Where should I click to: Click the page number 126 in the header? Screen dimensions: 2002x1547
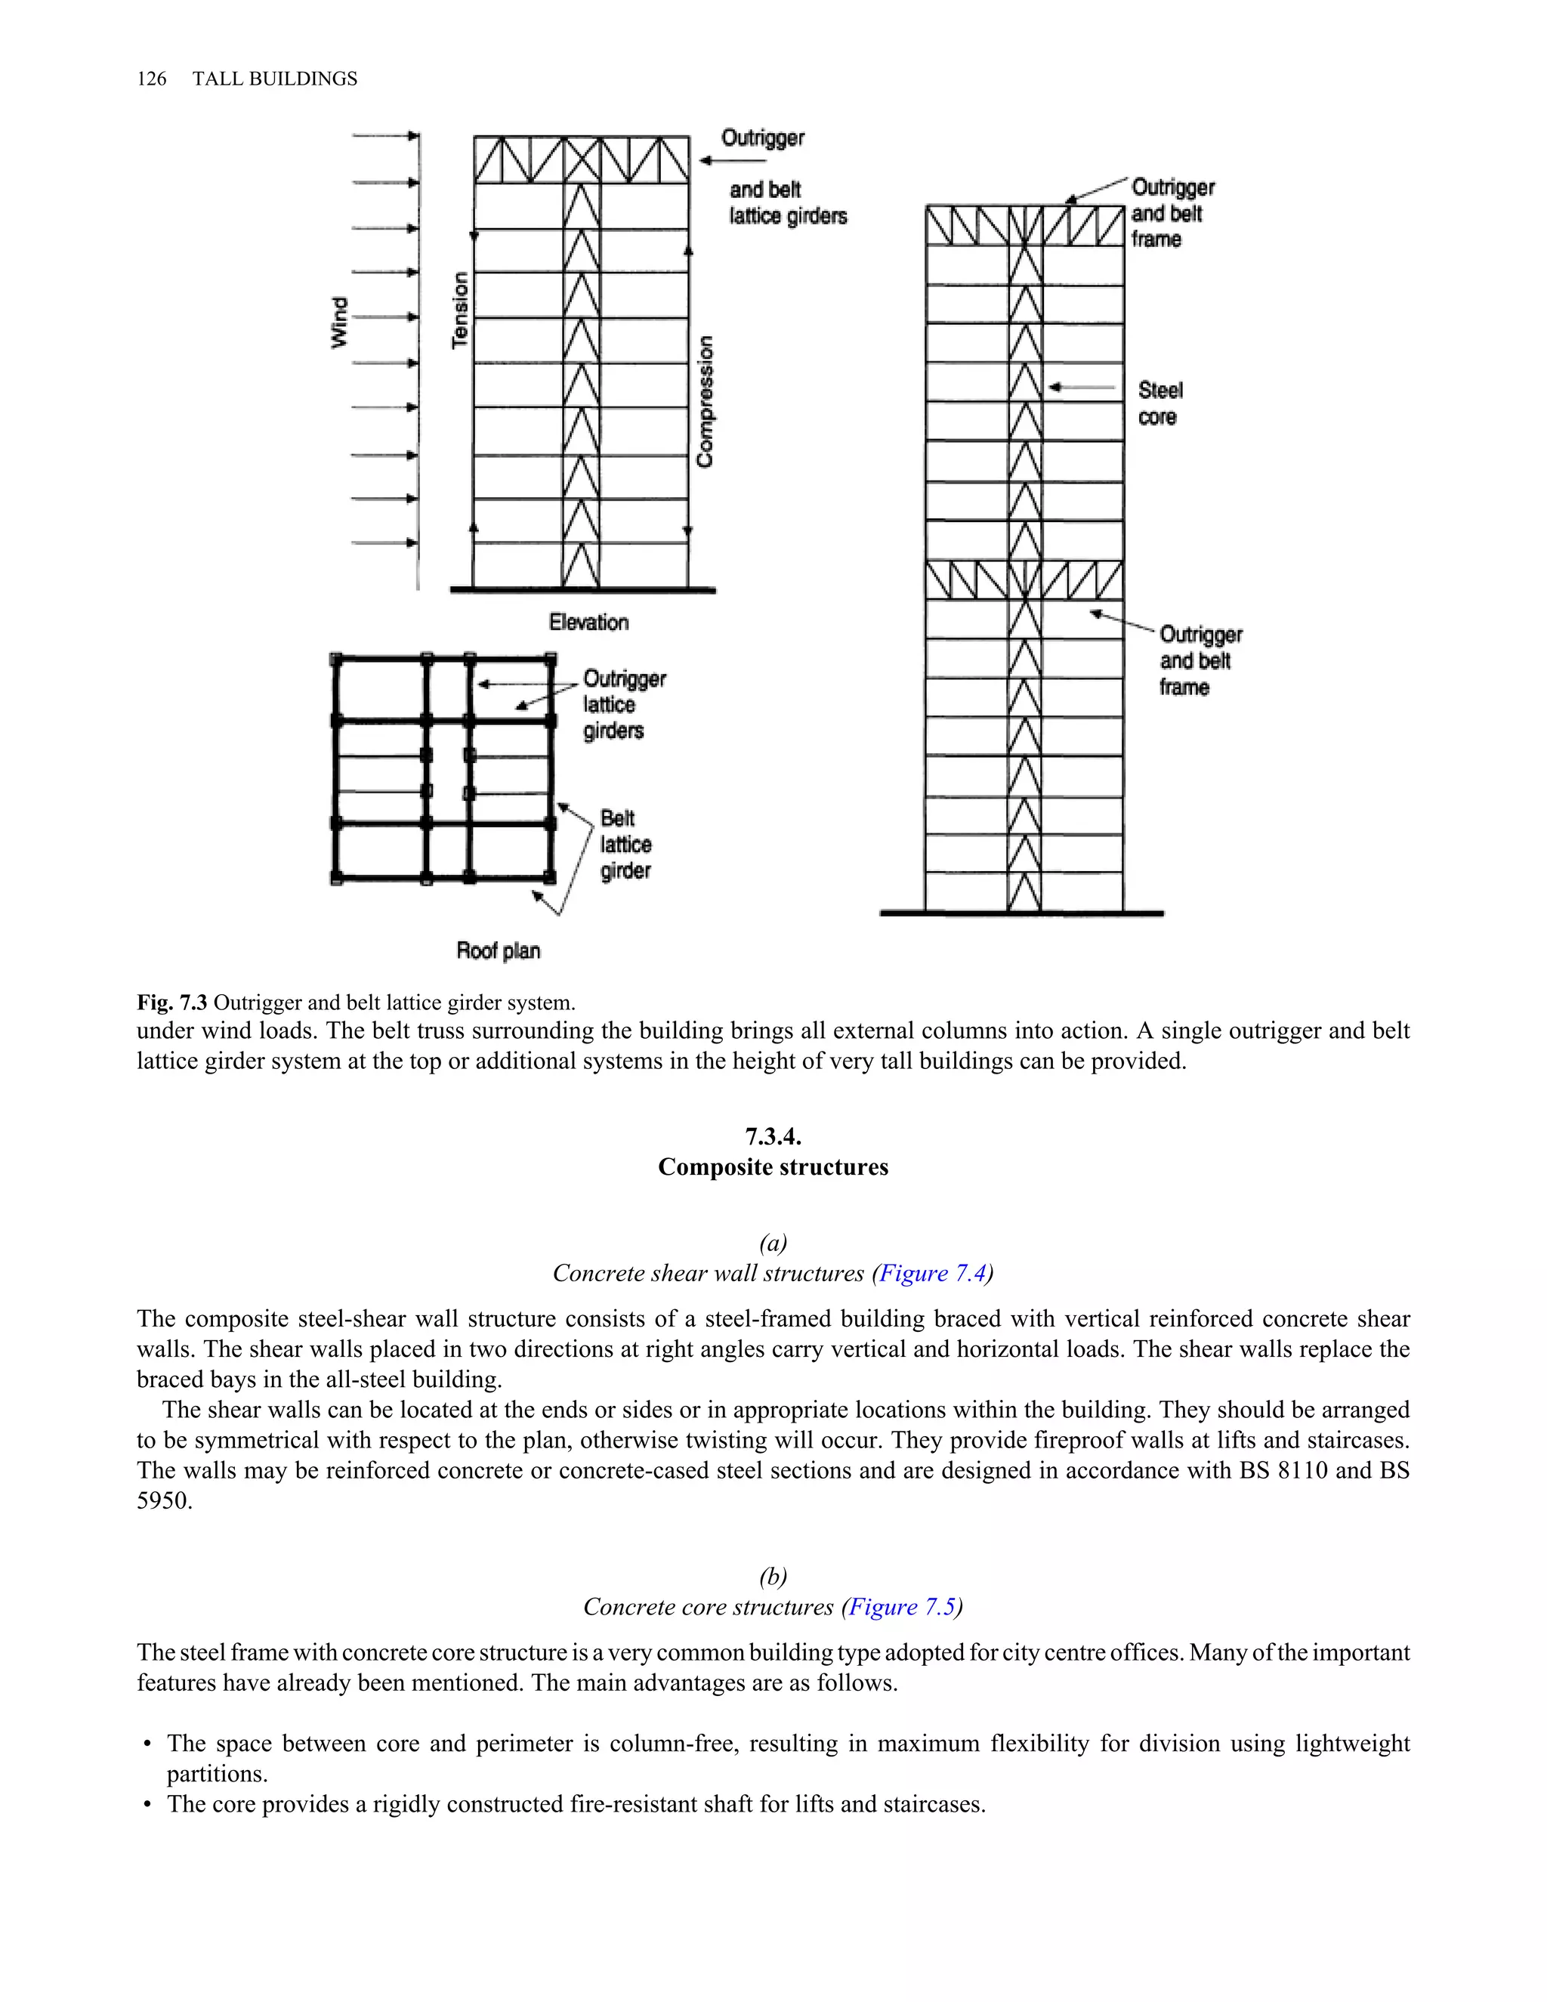151,79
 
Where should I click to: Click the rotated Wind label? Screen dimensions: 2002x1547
339,322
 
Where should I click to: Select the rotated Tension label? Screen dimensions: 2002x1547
460,310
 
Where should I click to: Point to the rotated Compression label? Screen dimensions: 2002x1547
705,401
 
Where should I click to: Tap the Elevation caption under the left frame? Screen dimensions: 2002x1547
588,623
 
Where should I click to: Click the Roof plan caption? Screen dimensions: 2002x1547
498,950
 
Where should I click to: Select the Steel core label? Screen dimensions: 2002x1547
1160,403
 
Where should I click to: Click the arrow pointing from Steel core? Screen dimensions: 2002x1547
1082,388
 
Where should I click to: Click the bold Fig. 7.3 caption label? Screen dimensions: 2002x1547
172,1002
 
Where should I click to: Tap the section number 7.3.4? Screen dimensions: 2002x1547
773,1137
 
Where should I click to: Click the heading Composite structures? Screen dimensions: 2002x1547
773,1167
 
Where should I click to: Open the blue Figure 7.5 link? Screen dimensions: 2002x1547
902,1607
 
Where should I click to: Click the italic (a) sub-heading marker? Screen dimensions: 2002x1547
773,1243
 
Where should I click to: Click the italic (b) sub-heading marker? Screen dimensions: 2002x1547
773,1577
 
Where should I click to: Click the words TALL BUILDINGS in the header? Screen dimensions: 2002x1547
275,79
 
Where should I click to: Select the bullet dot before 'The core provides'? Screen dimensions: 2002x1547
147,1805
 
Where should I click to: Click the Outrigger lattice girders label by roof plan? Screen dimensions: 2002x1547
623,704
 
